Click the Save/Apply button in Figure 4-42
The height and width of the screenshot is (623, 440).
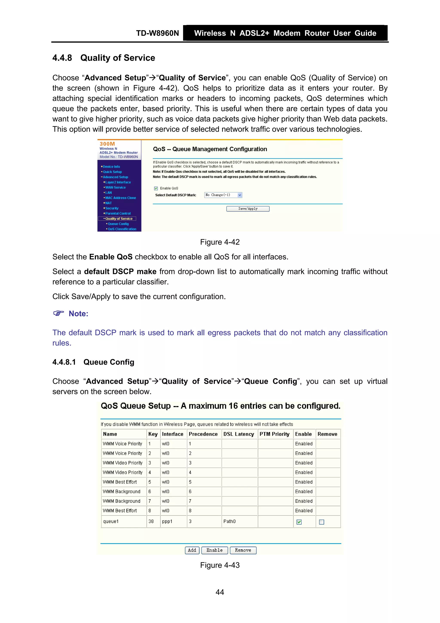point(248,209)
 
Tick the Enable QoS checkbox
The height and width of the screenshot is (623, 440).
point(156,188)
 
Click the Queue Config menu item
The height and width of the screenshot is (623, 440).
point(118,224)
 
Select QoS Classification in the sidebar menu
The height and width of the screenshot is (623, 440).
point(122,229)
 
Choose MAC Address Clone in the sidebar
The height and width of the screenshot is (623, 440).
point(121,198)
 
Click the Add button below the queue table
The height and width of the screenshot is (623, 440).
point(192,550)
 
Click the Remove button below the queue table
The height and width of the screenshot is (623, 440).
point(243,550)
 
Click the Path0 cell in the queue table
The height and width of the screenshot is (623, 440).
point(229,521)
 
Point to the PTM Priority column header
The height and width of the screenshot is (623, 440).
point(274,434)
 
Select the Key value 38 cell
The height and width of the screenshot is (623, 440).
point(151,521)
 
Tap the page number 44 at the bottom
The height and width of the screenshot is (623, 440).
point(220,592)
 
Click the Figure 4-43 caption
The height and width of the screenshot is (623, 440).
point(220,565)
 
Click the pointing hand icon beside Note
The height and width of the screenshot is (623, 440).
point(58,313)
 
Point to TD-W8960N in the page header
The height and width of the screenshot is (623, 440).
point(157,33)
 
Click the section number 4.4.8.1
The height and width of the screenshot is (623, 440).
point(64,362)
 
